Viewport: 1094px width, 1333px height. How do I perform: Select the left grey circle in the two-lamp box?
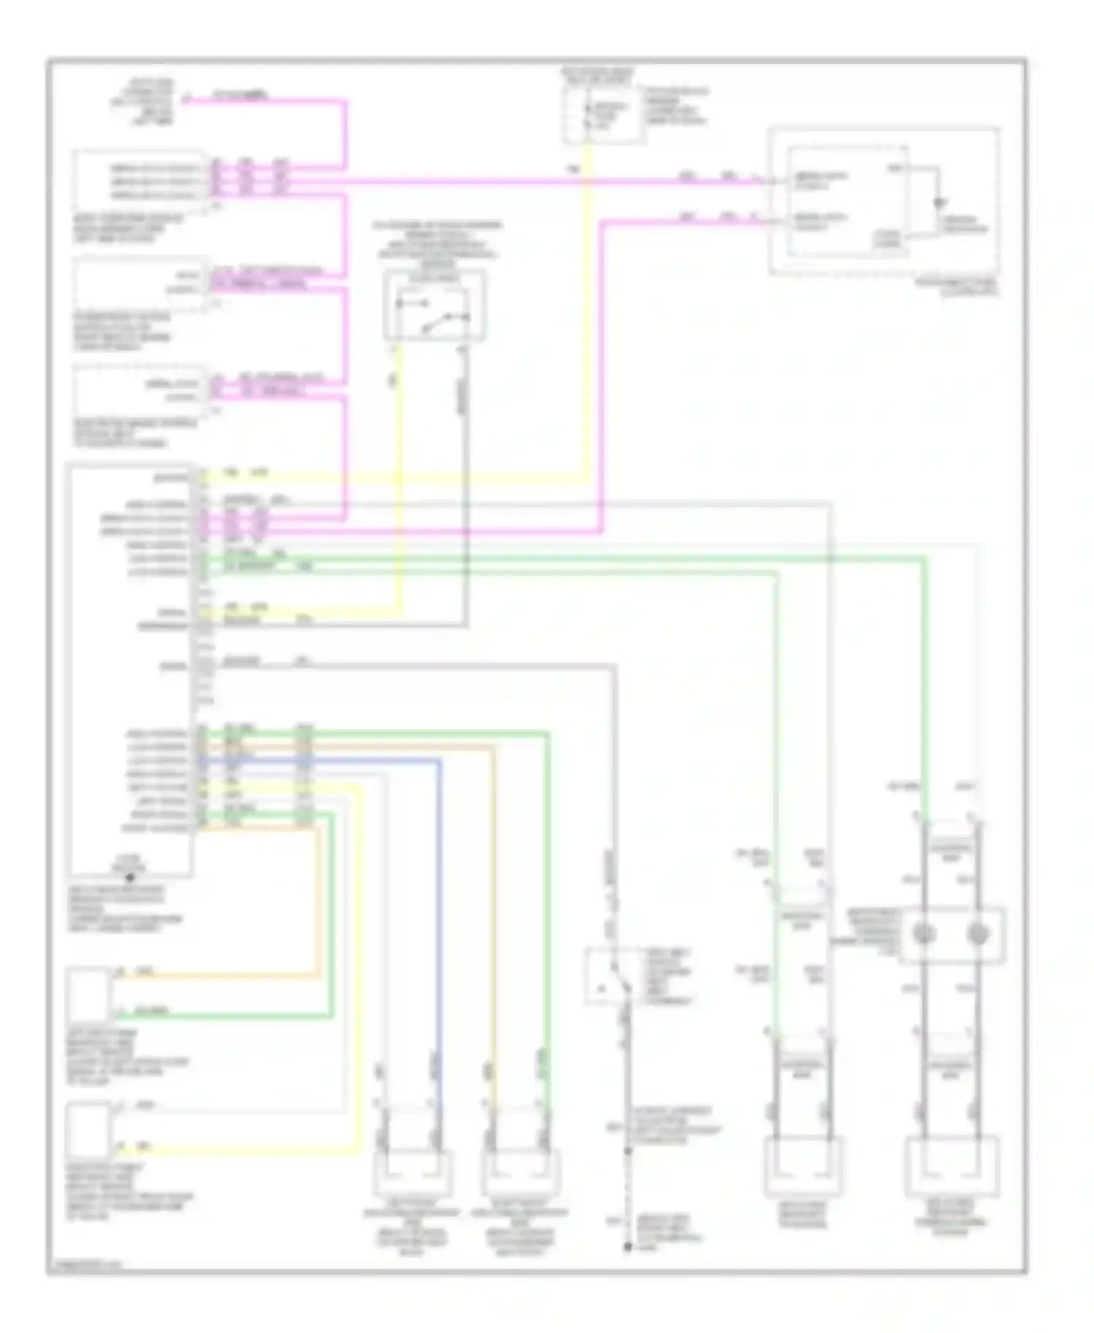(924, 934)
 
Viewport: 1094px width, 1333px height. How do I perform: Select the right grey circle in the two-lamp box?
(977, 934)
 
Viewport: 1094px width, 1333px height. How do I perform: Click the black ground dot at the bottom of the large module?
(130, 877)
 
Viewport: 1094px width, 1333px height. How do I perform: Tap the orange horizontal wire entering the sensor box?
(219, 975)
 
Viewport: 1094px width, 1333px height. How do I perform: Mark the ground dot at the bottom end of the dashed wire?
(627, 1246)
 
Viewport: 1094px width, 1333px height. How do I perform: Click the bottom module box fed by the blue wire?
(411, 1172)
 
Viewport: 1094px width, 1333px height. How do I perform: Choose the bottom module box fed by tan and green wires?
(519, 1172)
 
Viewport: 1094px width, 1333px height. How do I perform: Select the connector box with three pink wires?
(139, 180)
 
